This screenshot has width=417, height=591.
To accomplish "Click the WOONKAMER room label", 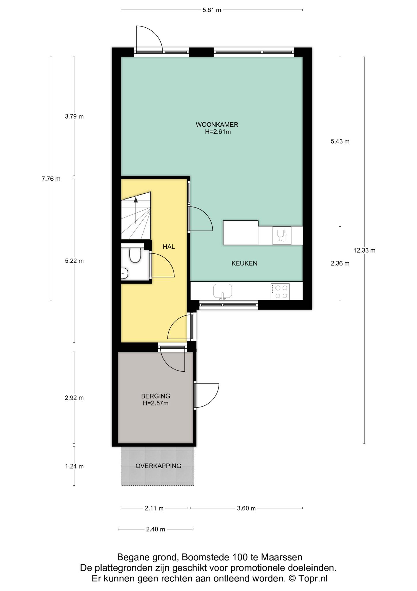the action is pos(217,125).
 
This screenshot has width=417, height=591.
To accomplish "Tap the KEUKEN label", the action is pos(244,263).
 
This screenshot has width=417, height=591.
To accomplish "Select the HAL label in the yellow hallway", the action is pos(169,247).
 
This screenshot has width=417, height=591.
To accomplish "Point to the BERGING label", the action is pos(156,396).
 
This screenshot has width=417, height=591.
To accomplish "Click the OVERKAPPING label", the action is pos(159,466).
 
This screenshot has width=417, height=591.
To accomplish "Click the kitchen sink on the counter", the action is pos(222,291).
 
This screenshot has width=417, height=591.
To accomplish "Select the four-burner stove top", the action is pos(280,292).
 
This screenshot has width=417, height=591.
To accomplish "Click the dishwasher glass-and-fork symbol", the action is pos(282,235).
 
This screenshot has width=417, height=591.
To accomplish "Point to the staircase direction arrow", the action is pos(136,210).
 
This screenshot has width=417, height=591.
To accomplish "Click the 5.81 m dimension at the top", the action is pos(212,10).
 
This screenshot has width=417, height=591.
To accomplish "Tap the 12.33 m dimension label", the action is pos(365,250).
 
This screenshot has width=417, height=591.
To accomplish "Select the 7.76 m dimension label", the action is pos(51,179).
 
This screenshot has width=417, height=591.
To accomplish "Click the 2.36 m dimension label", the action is pos(340,263).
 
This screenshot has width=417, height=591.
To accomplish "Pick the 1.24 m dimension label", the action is pos(74,466).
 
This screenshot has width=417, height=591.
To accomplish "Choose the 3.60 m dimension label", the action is pos(246,508).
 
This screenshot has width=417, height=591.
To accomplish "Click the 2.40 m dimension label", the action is pos(156,529).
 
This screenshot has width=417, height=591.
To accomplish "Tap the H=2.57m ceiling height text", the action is pos(156,403).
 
